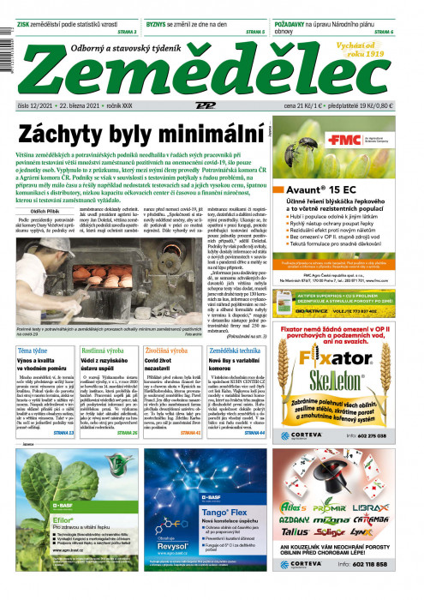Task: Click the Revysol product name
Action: click(x=174, y=546)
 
